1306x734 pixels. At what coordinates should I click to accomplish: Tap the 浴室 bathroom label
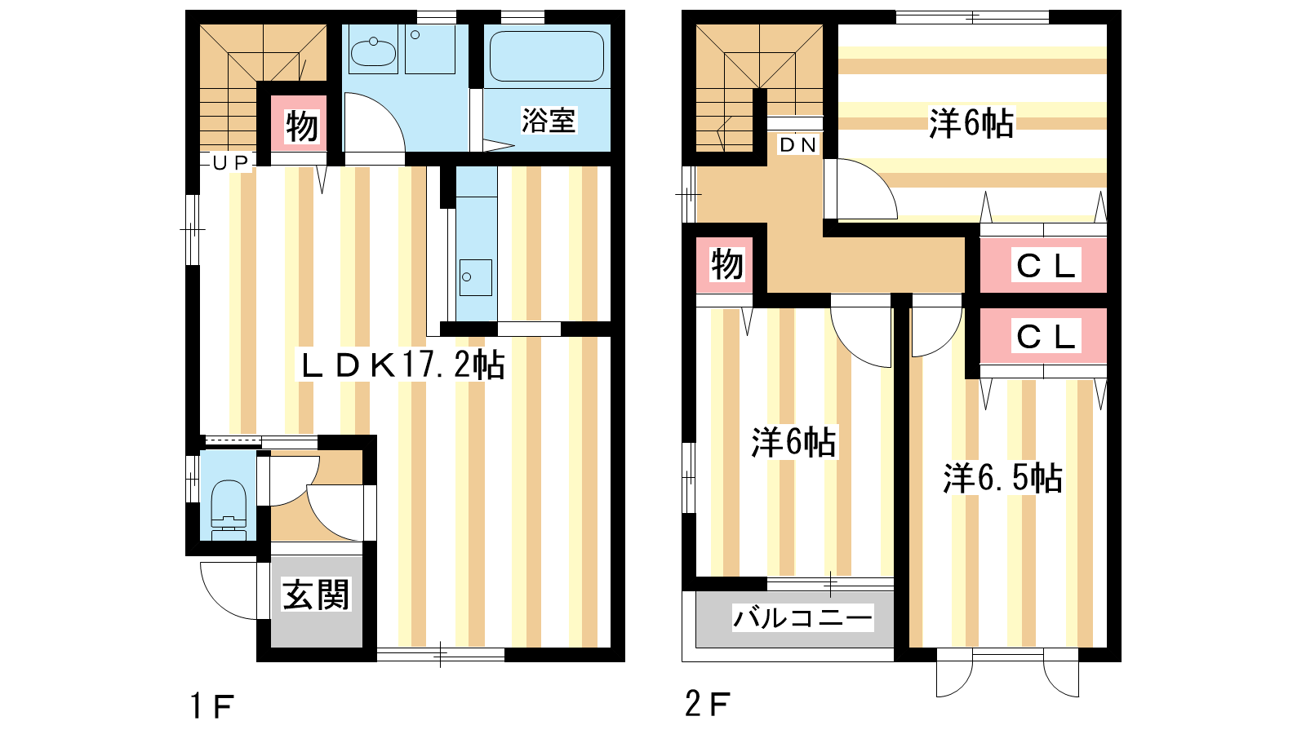pos(548,121)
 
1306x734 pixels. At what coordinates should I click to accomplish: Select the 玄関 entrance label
pos(316,595)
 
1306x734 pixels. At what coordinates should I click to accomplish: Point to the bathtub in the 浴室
pos(546,56)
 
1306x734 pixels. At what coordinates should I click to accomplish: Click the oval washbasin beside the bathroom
pos(373,52)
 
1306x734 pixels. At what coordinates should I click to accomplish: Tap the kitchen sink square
pos(475,278)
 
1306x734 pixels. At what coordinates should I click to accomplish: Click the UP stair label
pos(231,163)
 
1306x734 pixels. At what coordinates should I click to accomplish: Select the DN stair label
pos(797,145)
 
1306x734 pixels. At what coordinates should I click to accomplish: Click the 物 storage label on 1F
pos(301,126)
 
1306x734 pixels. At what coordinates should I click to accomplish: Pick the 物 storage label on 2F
pos(726,264)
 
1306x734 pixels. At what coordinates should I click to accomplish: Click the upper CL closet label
pos(1046,266)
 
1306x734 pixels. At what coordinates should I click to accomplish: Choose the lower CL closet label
pos(1046,336)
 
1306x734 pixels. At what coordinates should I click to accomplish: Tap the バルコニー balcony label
pos(802,617)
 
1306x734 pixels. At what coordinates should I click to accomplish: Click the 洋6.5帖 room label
pos(1003,478)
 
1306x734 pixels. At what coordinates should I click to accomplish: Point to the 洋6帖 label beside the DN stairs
pos(971,123)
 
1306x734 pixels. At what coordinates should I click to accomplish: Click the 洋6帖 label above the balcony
pos(793,441)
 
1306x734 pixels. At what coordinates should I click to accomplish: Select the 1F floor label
pos(212,706)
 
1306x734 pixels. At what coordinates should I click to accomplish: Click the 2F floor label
pos(707,704)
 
